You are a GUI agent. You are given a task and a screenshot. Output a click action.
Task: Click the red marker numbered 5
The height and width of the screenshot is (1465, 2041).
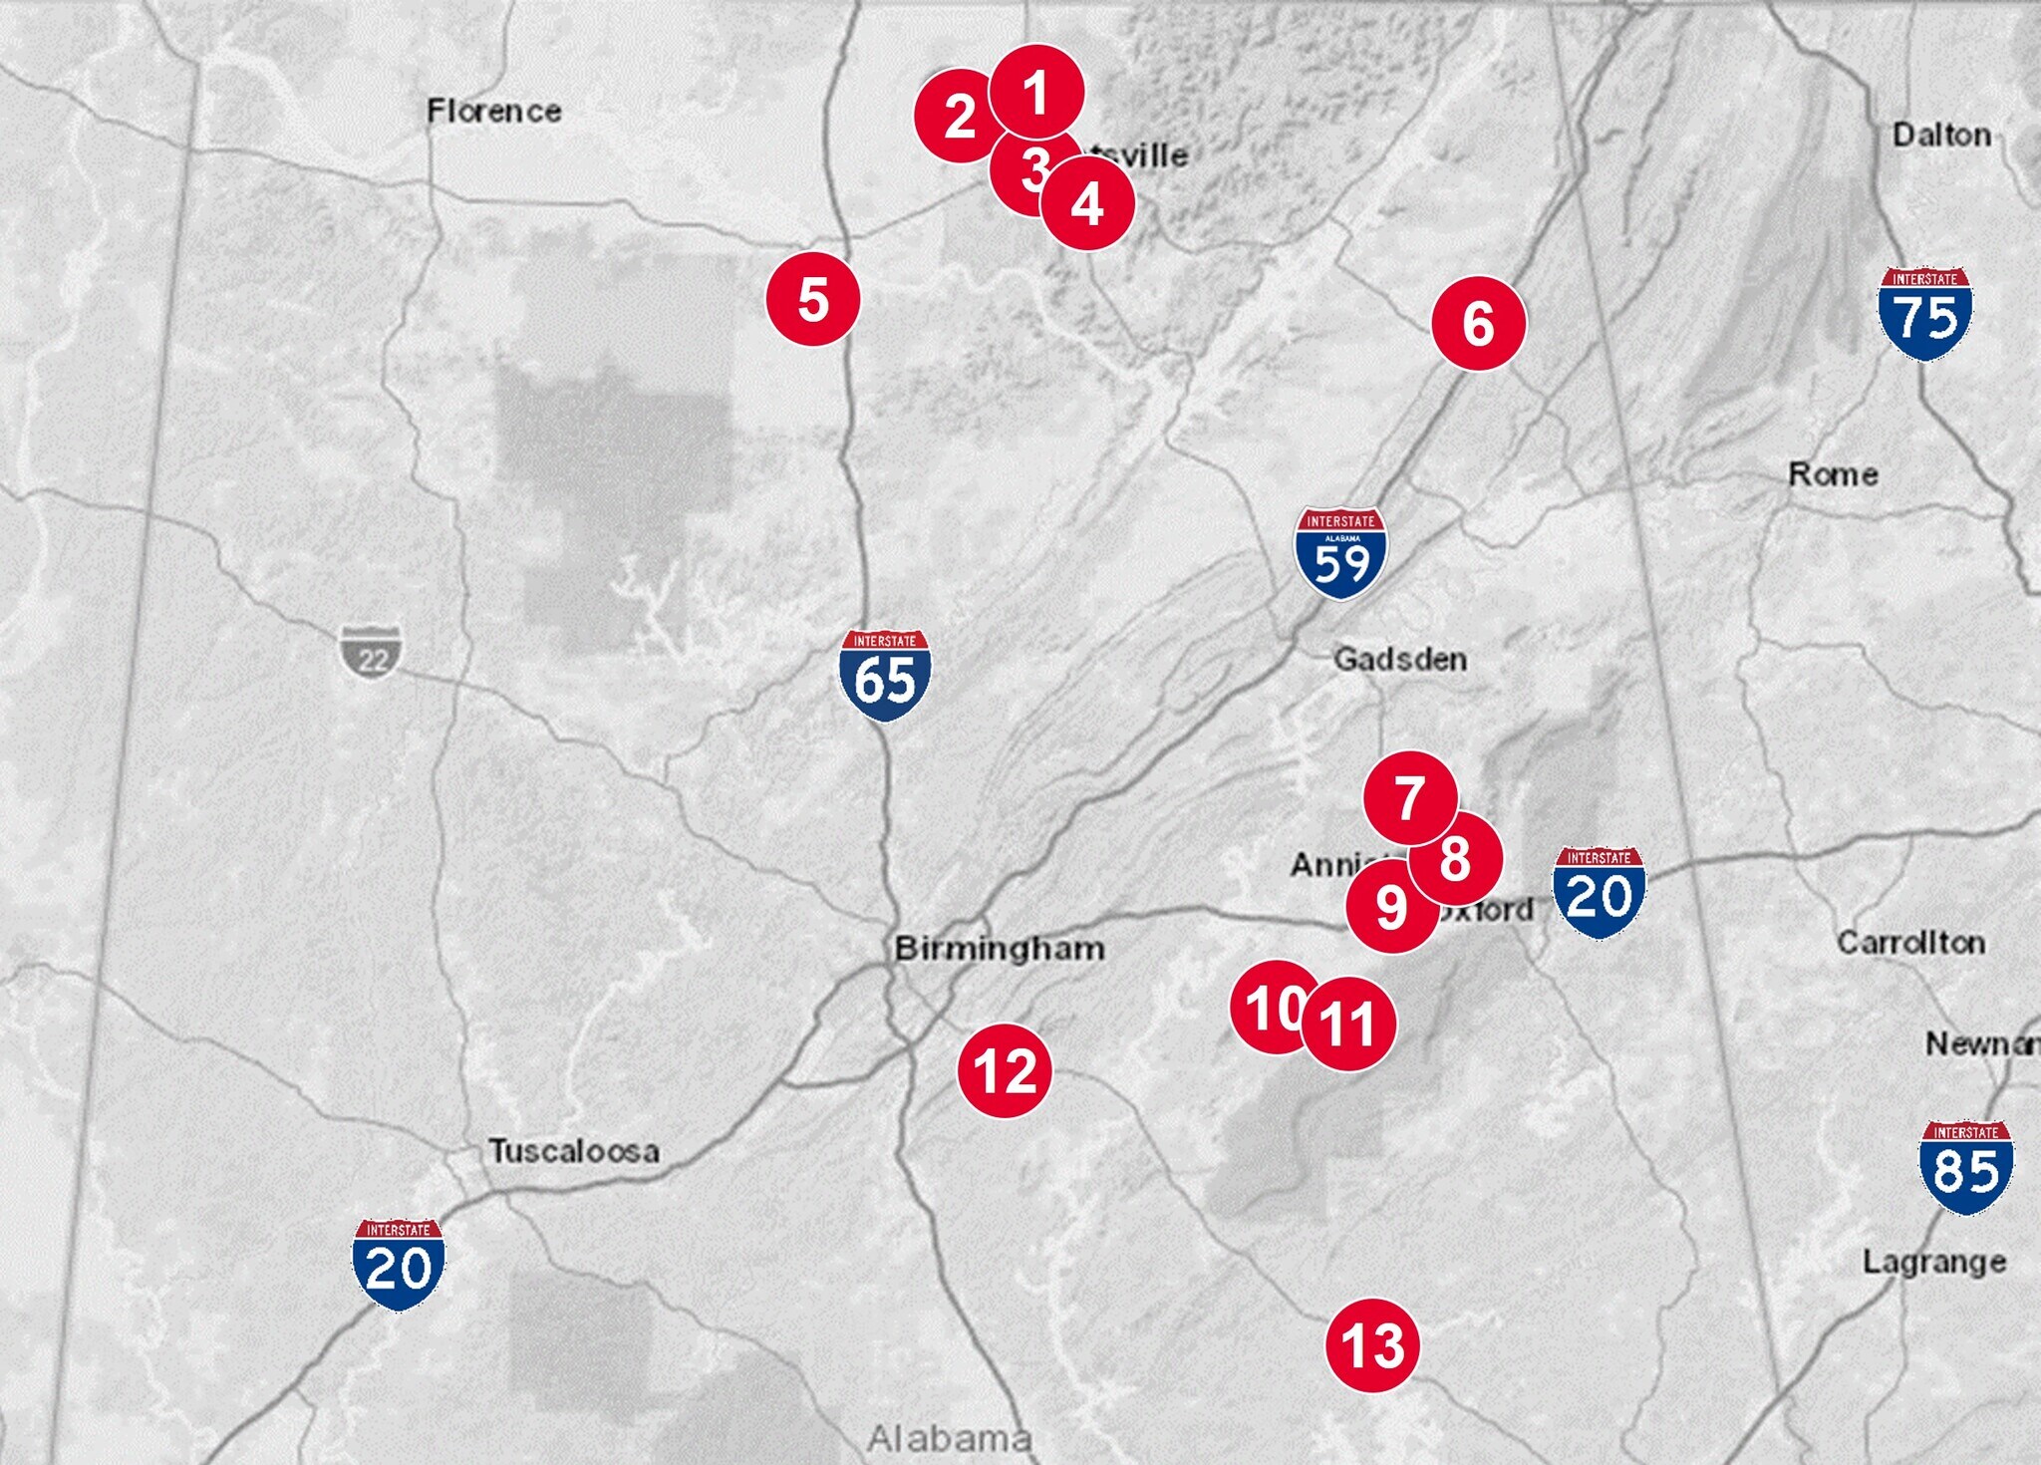click(813, 299)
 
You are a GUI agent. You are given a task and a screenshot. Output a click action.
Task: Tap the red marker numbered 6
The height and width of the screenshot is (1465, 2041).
click(1478, 324)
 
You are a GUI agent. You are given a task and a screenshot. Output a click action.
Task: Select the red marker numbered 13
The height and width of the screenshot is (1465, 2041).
click(1372, 1345)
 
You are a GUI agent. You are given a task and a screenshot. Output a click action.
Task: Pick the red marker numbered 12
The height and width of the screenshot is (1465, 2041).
click(1005, 1070)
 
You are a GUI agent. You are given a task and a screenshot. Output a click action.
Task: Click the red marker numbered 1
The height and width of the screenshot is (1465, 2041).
click(1036, 92)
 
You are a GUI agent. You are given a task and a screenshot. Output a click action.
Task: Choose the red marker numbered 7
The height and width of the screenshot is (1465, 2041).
click(1409, 797)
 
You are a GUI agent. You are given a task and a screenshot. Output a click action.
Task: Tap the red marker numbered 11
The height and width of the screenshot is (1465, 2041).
click(1348, 1024)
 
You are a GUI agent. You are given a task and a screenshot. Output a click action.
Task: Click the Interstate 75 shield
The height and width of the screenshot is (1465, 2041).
click(1924, 314)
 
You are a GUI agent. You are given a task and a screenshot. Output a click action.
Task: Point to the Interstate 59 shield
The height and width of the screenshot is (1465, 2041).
click(1340, 554)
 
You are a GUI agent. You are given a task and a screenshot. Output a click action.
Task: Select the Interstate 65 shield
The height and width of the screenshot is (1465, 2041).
click(885, 675)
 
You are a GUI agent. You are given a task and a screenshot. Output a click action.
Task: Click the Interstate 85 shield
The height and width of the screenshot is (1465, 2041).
click(1965, 1167)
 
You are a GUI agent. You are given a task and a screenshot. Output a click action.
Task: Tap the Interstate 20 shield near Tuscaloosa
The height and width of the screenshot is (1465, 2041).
click(399, 1264)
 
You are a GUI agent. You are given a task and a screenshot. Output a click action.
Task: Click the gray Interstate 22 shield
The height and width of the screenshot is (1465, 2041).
click(372, 652)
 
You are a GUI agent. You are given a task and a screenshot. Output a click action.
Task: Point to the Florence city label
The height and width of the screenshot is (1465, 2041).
click(494, 111)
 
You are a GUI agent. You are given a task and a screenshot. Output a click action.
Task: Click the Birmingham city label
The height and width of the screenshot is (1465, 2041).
click(1000, 948)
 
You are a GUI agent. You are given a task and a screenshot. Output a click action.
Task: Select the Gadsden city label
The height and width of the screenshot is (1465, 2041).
click(1400, 659)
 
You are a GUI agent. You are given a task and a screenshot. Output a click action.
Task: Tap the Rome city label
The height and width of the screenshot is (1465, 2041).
click(1833, 474)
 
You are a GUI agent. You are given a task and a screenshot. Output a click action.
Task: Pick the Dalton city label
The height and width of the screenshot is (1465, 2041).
click(1941, 135)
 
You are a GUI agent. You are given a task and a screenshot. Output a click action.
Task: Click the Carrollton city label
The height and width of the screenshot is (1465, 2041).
click(1910, 942)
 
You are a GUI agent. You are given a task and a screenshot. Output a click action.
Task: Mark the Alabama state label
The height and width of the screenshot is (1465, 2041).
click(949, 1438)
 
